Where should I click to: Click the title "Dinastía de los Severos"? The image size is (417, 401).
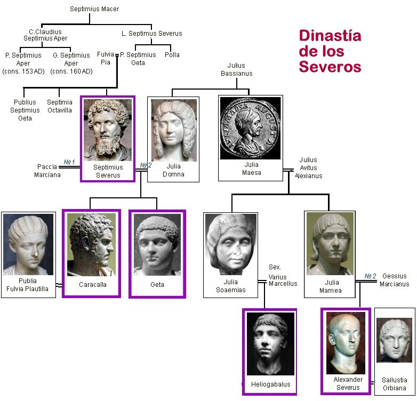(330, 51)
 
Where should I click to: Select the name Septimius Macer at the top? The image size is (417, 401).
(94, 9)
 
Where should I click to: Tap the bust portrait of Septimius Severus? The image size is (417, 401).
(108, 130)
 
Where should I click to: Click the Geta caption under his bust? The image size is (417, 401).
(157, 285)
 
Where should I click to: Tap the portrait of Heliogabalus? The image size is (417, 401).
(270, 343)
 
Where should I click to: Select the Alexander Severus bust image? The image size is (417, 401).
(345, 342)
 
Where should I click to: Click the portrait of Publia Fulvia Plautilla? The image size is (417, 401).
(28, 244)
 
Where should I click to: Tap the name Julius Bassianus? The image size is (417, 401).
(236, 69)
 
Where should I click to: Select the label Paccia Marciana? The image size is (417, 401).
(47, 171)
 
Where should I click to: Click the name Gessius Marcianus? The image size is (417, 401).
(395, 280)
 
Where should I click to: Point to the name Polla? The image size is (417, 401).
(172, 55)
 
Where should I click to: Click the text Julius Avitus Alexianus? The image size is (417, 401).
(308, 167)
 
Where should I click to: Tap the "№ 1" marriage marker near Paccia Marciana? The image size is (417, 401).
(69, 162)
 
